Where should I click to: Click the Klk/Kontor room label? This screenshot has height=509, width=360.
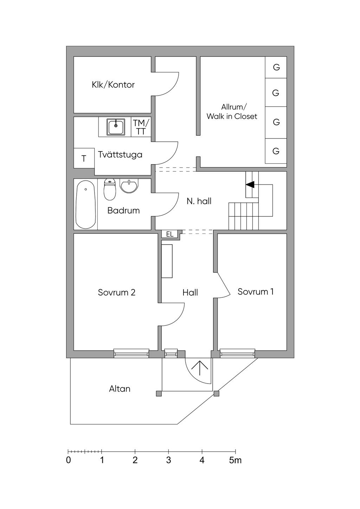pyautogui.click(x=113, y=85)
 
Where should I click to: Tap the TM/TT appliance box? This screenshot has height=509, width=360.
pyautogui.click(x=141, y=127)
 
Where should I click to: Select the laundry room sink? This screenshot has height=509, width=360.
pyautogui.click(x=116, y=127)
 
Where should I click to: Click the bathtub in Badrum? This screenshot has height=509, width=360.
pyautogui.click(x=85, y=205)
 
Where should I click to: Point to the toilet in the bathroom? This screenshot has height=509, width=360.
pyautogui.click(x=110, y=190)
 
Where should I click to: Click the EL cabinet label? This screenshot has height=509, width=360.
pyautogui.click(x=170, y=234)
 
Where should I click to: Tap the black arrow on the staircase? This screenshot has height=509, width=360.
pyautogui.click(x=250, y=184)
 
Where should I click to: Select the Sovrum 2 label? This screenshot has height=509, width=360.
pyautogui.click(x=116, y=292)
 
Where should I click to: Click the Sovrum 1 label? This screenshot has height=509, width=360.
pyautogui.click(x=256, y=291)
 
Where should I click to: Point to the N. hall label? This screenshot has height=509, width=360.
pyautogui.click(x=199, y=201)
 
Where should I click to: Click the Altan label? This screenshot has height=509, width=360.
pyautogui.click(x=120, y=389)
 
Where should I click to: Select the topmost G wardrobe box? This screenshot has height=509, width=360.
pyautogui.click(x=276, y=67)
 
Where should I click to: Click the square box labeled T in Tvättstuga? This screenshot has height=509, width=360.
pyautogui.click(x=84, y=159)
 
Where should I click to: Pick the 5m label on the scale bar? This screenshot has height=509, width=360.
pyautogui.click(x=235, y=460)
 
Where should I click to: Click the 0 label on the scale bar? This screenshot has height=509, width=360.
pyautogui.click(x=68, y=460)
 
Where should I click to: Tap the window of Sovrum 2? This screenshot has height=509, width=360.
pyautogui.click(x=131, y=353)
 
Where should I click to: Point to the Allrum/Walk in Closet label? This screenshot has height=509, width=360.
pyautogui.click(x=232, y=112)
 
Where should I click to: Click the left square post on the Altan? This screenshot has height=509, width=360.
pyautogui.click(x=159, y=394)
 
